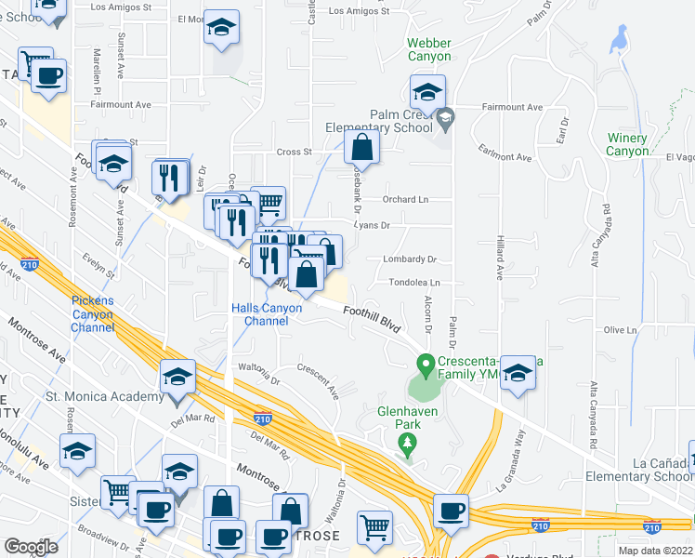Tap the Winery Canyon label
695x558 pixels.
[x=627, y=144]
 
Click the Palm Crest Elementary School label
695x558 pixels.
[x=383, y=122]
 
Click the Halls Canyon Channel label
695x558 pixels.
[x=267, y=314]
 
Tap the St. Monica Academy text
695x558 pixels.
[x=104, y=397]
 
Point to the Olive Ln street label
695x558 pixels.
[x=620, y=330]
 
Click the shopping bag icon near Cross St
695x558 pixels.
[x=361, y=147]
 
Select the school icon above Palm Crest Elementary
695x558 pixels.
[x=427, y=91]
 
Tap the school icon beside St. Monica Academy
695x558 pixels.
[x=177, y=377]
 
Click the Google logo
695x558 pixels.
[x=32, y=547]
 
